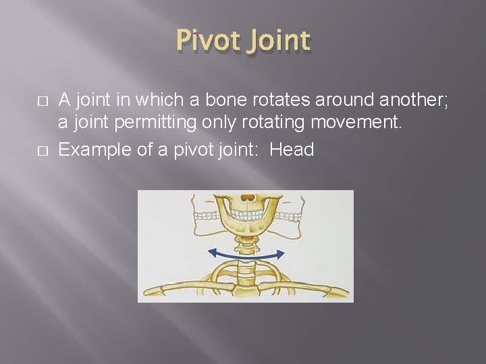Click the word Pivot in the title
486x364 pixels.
(209, 42)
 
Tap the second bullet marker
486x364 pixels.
(43, 150)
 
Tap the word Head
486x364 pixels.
(292, 150)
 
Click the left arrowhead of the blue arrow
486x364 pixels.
(211, 253)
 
